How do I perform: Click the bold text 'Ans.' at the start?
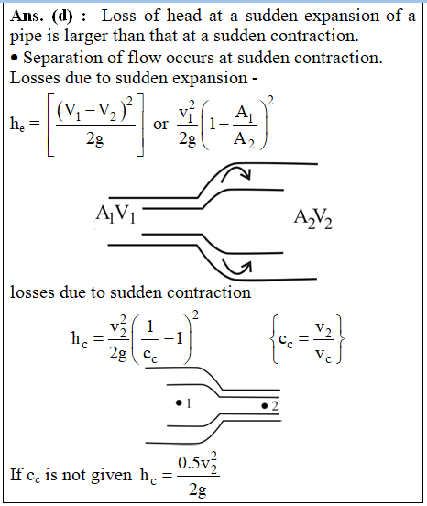point(27,16)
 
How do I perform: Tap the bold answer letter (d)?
point(62,16)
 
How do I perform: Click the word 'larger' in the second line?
point(86,37)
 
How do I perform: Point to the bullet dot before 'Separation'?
point(14,59)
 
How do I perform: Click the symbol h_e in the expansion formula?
point(17,124)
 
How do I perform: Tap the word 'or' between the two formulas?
point(160,125)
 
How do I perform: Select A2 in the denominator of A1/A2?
point(244,140)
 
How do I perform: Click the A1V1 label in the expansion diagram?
point(115,214)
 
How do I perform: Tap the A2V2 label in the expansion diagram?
point(312,218)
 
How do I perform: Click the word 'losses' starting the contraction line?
point(32,292)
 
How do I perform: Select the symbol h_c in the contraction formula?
point(80,339)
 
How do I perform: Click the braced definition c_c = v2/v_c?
point(307,340)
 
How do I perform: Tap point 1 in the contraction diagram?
point(179,402)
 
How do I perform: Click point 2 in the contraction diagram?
point(265,406)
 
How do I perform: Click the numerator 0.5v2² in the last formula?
point(198,464)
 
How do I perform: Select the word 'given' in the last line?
point(111,476)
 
